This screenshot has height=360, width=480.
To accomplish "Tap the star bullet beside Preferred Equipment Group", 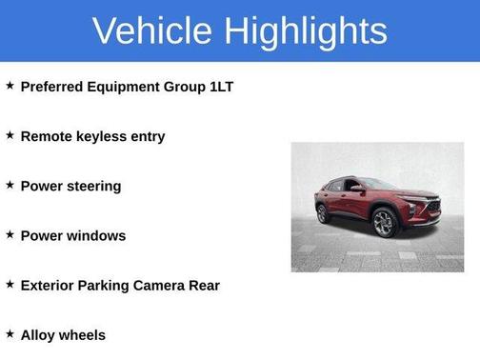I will pos(10,86).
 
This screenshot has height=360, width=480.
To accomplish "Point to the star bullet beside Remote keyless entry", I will pos(10,135).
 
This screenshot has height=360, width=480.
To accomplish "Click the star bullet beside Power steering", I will pos(10,185).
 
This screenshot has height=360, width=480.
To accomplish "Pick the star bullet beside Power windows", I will pos(10,234).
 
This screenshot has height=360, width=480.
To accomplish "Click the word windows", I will pos(96,235).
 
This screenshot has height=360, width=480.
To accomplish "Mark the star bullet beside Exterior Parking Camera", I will pos(10,284).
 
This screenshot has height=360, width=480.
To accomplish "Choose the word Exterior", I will pos(50,285).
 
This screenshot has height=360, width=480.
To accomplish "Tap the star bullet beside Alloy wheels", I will pos(10,333).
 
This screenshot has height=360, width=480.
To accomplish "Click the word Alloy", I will pos(39,334).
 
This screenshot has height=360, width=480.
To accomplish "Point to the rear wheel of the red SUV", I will pos(323,212).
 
